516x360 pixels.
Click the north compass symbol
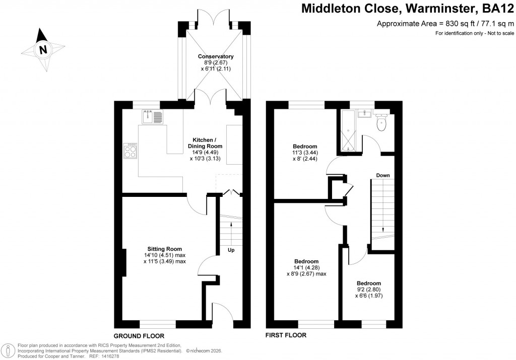[43, 49]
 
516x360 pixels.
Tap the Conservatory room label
[216, 56]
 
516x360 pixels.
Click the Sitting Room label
[164, 249]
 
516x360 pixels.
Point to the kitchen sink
[153, 117]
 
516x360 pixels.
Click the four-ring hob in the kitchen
[130, 151]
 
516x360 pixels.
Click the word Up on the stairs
[231, 250]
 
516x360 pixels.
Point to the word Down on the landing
[382, 175]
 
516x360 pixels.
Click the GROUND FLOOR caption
[139, 335]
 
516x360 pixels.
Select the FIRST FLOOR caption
[286, 335]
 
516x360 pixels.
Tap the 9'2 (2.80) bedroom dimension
[368, 290]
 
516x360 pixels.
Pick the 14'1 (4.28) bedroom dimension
[306, 268]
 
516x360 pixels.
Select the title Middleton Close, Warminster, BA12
[408, 9]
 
